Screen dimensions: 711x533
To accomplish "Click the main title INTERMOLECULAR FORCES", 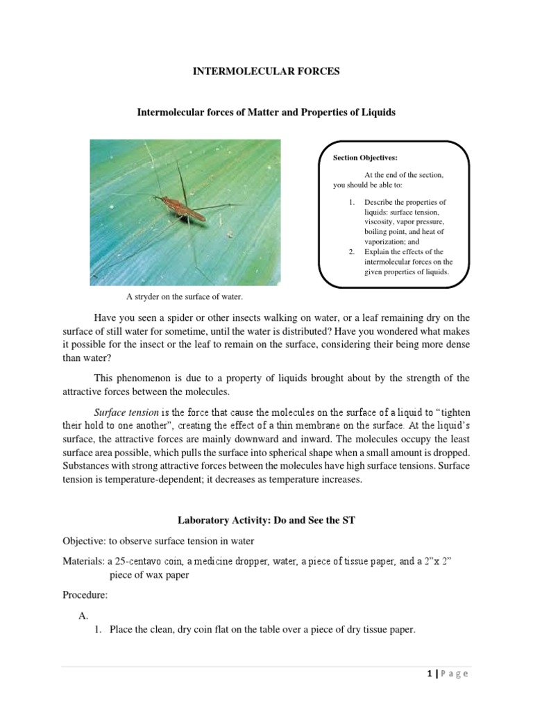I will point(266,72).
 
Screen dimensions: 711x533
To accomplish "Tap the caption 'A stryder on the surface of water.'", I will point(185,297).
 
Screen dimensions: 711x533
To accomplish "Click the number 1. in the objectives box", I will point(352,201).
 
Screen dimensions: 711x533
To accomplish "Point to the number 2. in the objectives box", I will point(352,251).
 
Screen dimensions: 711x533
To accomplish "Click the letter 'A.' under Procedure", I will point(86,616).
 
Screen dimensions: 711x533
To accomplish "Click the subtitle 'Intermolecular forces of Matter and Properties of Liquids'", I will point(266,112).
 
